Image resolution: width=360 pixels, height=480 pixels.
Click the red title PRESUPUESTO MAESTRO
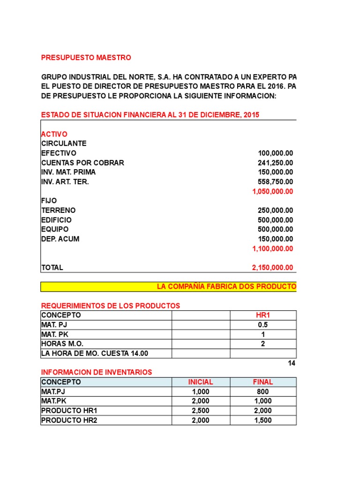tap(86, 58)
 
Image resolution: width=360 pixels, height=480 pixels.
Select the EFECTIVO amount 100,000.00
tap(276, 153)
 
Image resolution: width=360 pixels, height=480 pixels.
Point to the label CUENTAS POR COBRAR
tap(82, 163)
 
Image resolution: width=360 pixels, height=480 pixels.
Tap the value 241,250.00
tap(276, 163)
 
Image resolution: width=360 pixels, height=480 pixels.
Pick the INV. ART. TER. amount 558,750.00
tap(276, 182)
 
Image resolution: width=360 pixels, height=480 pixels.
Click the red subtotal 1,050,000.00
tap(273, 191)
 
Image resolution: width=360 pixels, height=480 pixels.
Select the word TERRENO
tap(58, 210)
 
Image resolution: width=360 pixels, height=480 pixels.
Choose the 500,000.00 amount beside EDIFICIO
tap(276, 220)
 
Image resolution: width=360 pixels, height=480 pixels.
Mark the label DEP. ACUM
tap(60, 239)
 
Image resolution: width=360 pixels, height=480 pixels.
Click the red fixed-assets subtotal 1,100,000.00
tap(273, 248)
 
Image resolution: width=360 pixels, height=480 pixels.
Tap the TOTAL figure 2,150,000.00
tap(273, 268)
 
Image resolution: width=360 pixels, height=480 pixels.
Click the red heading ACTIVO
tap(54, 134)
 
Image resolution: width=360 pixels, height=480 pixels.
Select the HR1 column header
tap(262, 315)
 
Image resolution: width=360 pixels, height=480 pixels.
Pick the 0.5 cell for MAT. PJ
tap(262, 325)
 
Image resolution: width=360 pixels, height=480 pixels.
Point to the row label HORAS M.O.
tap(62, 344)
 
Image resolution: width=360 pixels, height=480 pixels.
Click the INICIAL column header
tap(201, 382)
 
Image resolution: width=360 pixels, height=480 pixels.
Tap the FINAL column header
tap(262, 382)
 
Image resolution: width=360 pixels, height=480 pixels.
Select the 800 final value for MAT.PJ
tap(262, 392)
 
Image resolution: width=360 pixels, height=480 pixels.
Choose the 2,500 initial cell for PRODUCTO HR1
tap(201, 411)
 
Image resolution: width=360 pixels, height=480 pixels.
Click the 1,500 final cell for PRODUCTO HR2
tap(262, 420)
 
